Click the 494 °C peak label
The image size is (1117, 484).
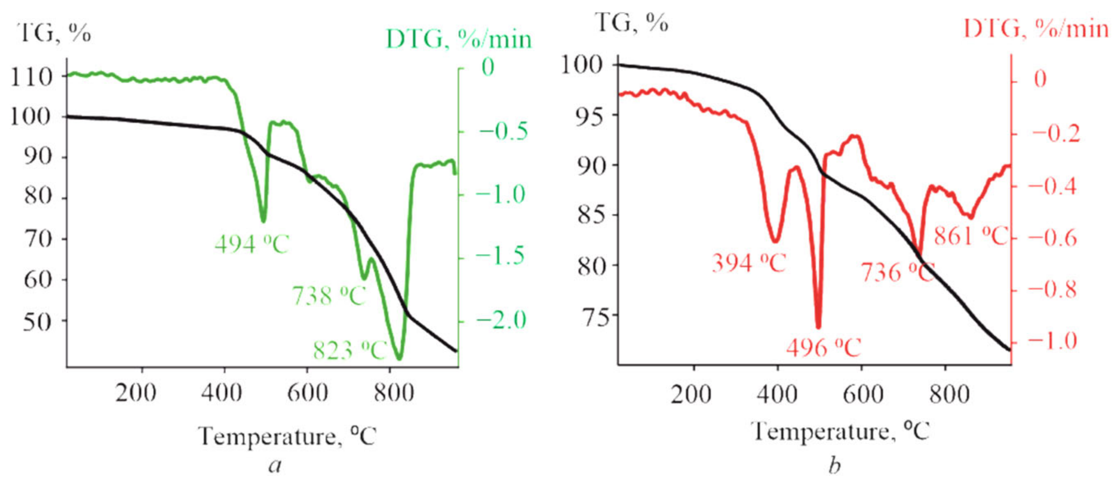(x=251, y=244)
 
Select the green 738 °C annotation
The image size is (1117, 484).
(x=329, y=296)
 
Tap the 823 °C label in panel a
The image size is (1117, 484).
(x=349, y=350)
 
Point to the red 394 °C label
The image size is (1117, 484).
(x=749, y=263)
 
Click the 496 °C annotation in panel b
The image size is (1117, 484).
(x=823, y=348)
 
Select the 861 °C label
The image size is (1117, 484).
(x=971, y=236)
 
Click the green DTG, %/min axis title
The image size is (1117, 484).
(x=458, y=40)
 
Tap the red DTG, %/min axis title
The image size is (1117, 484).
(x=1035, y=30)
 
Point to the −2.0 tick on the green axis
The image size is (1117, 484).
(x=501, y=320)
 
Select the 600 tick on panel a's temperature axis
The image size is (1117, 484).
(x=308, y=393)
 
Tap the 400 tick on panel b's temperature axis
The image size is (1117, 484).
(x=777, y=394)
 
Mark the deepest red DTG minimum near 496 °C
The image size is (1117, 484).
(x=818, y=327)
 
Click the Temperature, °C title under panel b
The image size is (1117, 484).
(x=841, y=431)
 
